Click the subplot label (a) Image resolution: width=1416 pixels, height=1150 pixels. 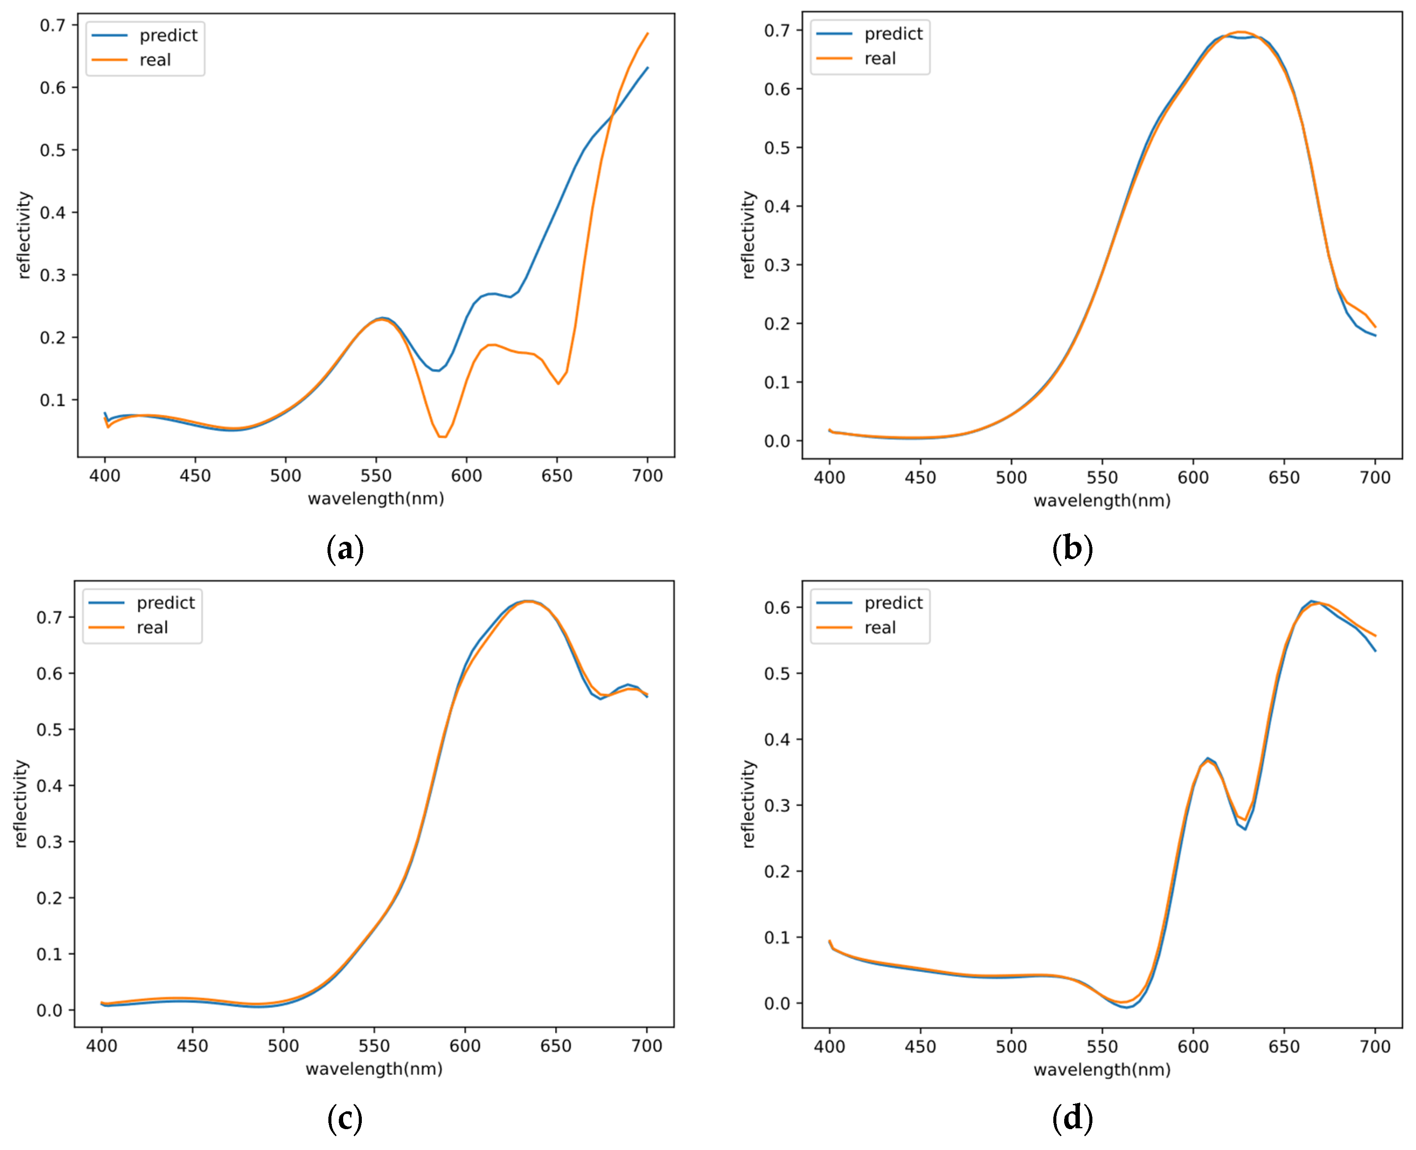point(345,549)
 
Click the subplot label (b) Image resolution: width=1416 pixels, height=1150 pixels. point(1072,549)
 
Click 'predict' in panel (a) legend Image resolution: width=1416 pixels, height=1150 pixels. point(168,36)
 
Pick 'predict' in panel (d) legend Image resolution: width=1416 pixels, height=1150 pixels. point(893,603)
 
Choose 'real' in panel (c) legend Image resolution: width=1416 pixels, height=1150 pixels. point(152,627)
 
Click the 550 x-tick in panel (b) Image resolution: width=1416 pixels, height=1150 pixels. point(1102,477)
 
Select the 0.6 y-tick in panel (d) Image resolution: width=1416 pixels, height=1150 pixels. point(777,607)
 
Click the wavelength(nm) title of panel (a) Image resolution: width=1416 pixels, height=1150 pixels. point(376,499)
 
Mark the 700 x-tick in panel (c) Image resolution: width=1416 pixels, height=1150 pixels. point(646,1046)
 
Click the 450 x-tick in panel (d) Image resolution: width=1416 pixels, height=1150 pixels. point(920,1047)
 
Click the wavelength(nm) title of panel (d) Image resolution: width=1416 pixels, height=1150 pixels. point(1102,1070)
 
